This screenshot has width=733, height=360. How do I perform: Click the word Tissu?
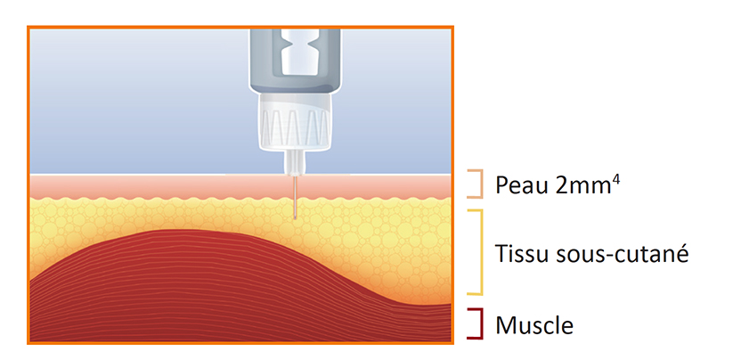[x=520, y=253]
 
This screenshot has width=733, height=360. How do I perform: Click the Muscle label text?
[x=534, y=324]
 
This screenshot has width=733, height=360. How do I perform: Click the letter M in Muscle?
[x=504, y=324]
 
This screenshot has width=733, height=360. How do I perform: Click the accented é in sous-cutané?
[x=682, y=253]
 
